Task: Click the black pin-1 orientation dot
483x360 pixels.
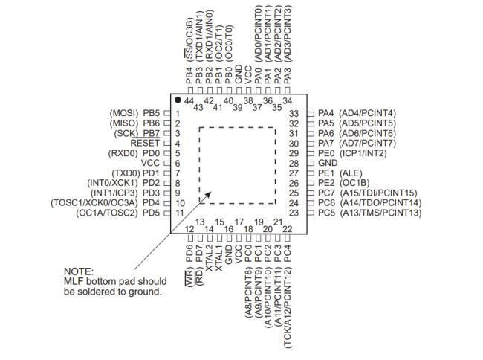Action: click(x=178, y=100)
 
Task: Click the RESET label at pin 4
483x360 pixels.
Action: click(x=145, y=144)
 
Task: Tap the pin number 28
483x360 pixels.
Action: click(x=294, y=164)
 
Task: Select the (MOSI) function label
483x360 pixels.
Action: click(x=124, y=113)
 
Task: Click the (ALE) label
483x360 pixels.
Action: click(x=351, y=173)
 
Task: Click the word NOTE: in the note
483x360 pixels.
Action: click(x=78, y=271)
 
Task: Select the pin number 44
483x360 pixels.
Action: click(x=189, y=101)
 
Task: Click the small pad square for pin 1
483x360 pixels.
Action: click(x=166, y=113)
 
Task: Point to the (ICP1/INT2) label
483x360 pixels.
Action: click(x=363, y=153)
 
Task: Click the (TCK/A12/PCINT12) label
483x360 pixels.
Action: click(x=288, y=308)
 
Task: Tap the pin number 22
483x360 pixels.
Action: click(x=287, y=229)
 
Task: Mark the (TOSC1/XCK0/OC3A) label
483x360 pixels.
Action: click(x=94, y=203)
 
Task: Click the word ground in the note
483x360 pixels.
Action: click(x=145, y=292)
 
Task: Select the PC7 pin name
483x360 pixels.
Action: click(x=326, y=193)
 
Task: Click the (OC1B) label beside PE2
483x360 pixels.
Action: click(x=354, y=183)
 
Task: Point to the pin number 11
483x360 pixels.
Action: click(x=179, y=213)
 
